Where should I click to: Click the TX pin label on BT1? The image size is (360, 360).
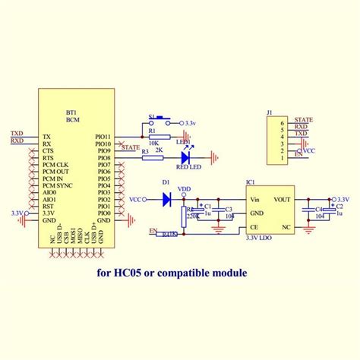46,134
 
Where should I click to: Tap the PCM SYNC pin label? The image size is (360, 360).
58,185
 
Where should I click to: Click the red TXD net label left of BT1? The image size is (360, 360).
16,134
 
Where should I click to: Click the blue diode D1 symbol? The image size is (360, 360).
166,199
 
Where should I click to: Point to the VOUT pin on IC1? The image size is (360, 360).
283,199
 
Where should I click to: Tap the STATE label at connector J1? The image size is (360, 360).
303,120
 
